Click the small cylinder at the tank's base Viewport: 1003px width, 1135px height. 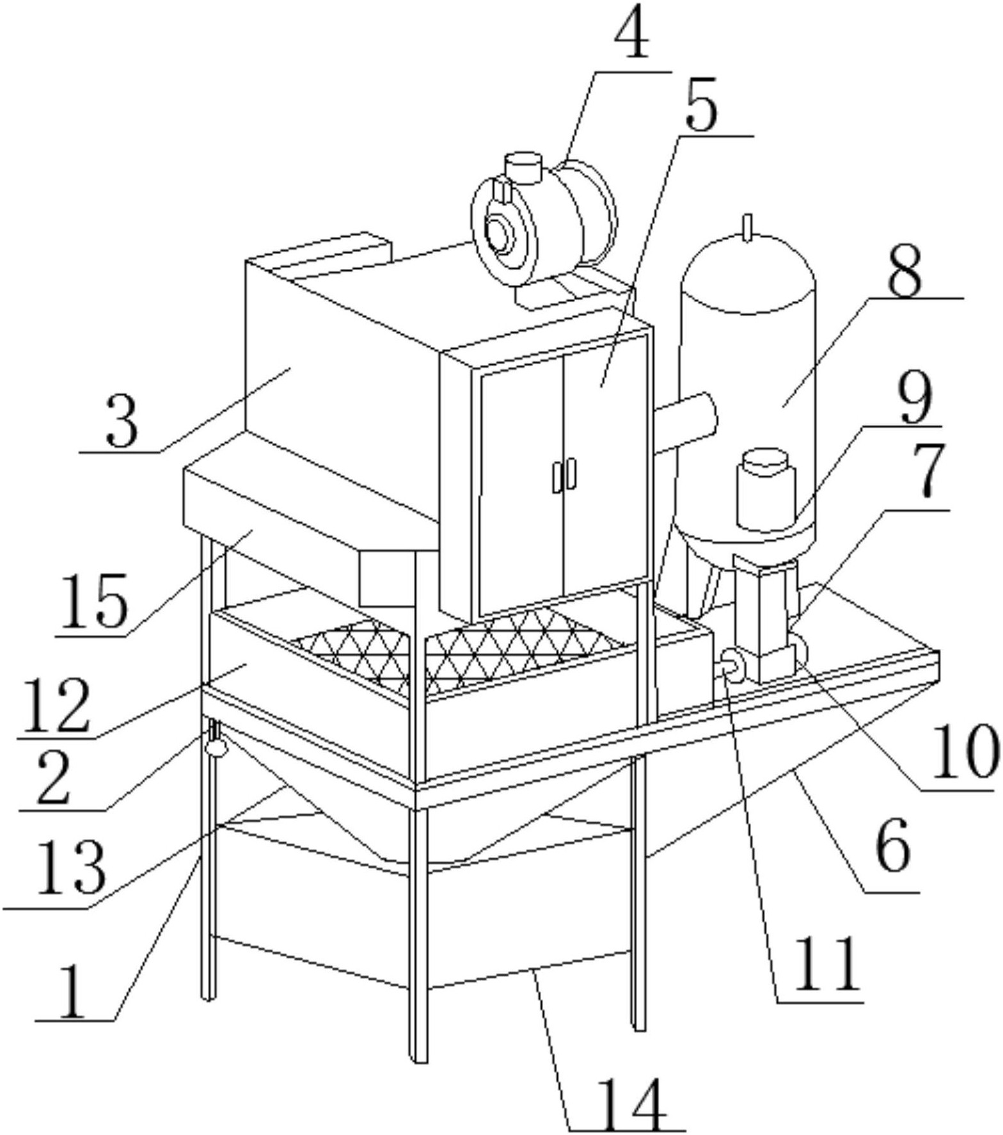tap(766, 489)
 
